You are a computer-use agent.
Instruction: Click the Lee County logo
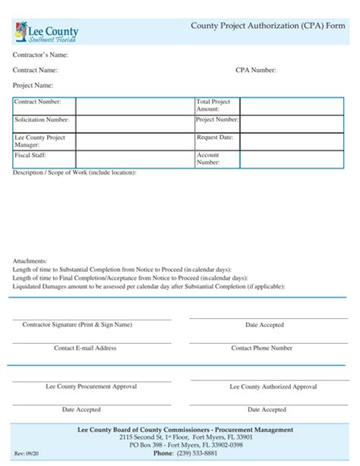[46, 33]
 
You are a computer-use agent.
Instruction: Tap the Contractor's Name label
[41, 55]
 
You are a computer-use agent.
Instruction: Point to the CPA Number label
[256, 71]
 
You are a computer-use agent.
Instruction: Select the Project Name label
[33, 86]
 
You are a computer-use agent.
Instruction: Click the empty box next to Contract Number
[134, 106]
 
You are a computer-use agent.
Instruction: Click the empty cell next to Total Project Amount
[294, 106]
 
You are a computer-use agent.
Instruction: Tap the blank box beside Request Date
[294, 142]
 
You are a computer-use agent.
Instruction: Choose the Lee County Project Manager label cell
[44, 142]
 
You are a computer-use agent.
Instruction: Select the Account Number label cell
[217, 159]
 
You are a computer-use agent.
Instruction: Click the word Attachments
[30, 260]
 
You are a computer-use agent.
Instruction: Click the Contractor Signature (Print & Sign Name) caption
[77, 325]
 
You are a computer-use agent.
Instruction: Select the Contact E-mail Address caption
[85, 348]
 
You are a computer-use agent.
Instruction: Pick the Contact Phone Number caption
[262, 348]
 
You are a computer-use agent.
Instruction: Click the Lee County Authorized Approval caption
[273, 386]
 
